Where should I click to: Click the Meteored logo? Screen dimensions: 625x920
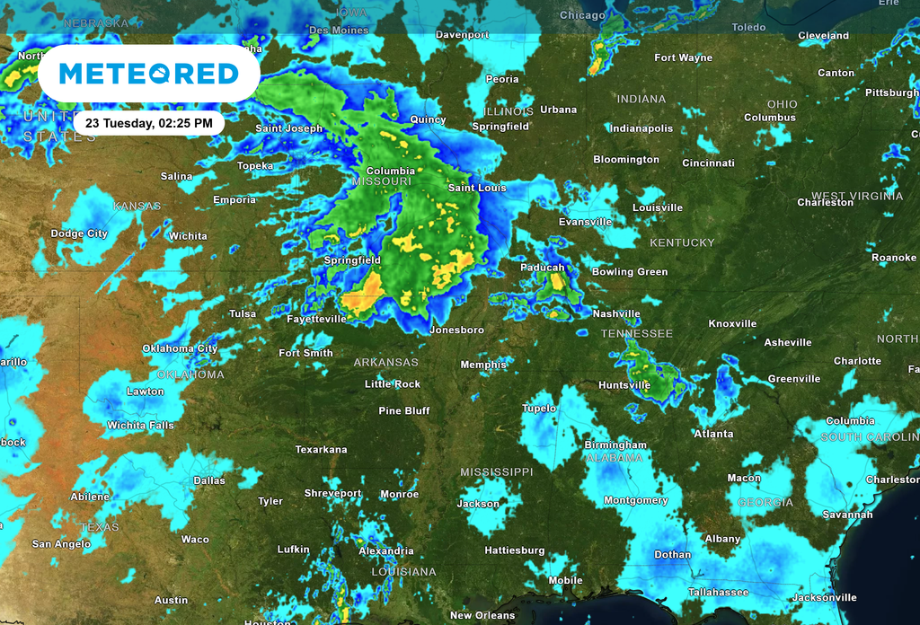pos(148,74)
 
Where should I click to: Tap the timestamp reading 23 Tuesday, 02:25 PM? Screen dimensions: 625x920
pos(149,122)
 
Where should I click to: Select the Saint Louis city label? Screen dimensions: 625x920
pos(477,188)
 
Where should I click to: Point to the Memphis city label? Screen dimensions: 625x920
pos(483,365)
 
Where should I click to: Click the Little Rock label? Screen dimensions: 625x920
pos(393,384)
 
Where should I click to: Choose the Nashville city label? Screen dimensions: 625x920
pos(616,314)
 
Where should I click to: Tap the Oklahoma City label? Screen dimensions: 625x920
pos(180,348)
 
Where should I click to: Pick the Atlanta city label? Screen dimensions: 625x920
pos(713,434)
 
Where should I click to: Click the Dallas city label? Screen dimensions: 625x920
pos(209,480)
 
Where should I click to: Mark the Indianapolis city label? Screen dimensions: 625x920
pos(641,128)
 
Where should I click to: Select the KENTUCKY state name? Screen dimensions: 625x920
pos(682,242)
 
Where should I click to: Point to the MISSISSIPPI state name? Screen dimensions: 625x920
pos(496,471)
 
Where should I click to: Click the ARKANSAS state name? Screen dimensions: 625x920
pos(385,362)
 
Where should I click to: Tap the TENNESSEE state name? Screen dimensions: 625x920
pos(636,333)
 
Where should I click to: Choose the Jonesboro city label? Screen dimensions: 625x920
pos(456,330)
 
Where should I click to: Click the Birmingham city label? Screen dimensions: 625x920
pos(615,445)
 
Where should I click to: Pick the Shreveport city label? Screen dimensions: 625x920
pos(332,493)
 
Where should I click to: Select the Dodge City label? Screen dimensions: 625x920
pos(79,233)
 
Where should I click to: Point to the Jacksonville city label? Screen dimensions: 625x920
pos(824,597)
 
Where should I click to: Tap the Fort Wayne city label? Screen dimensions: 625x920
pos(683,57)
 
